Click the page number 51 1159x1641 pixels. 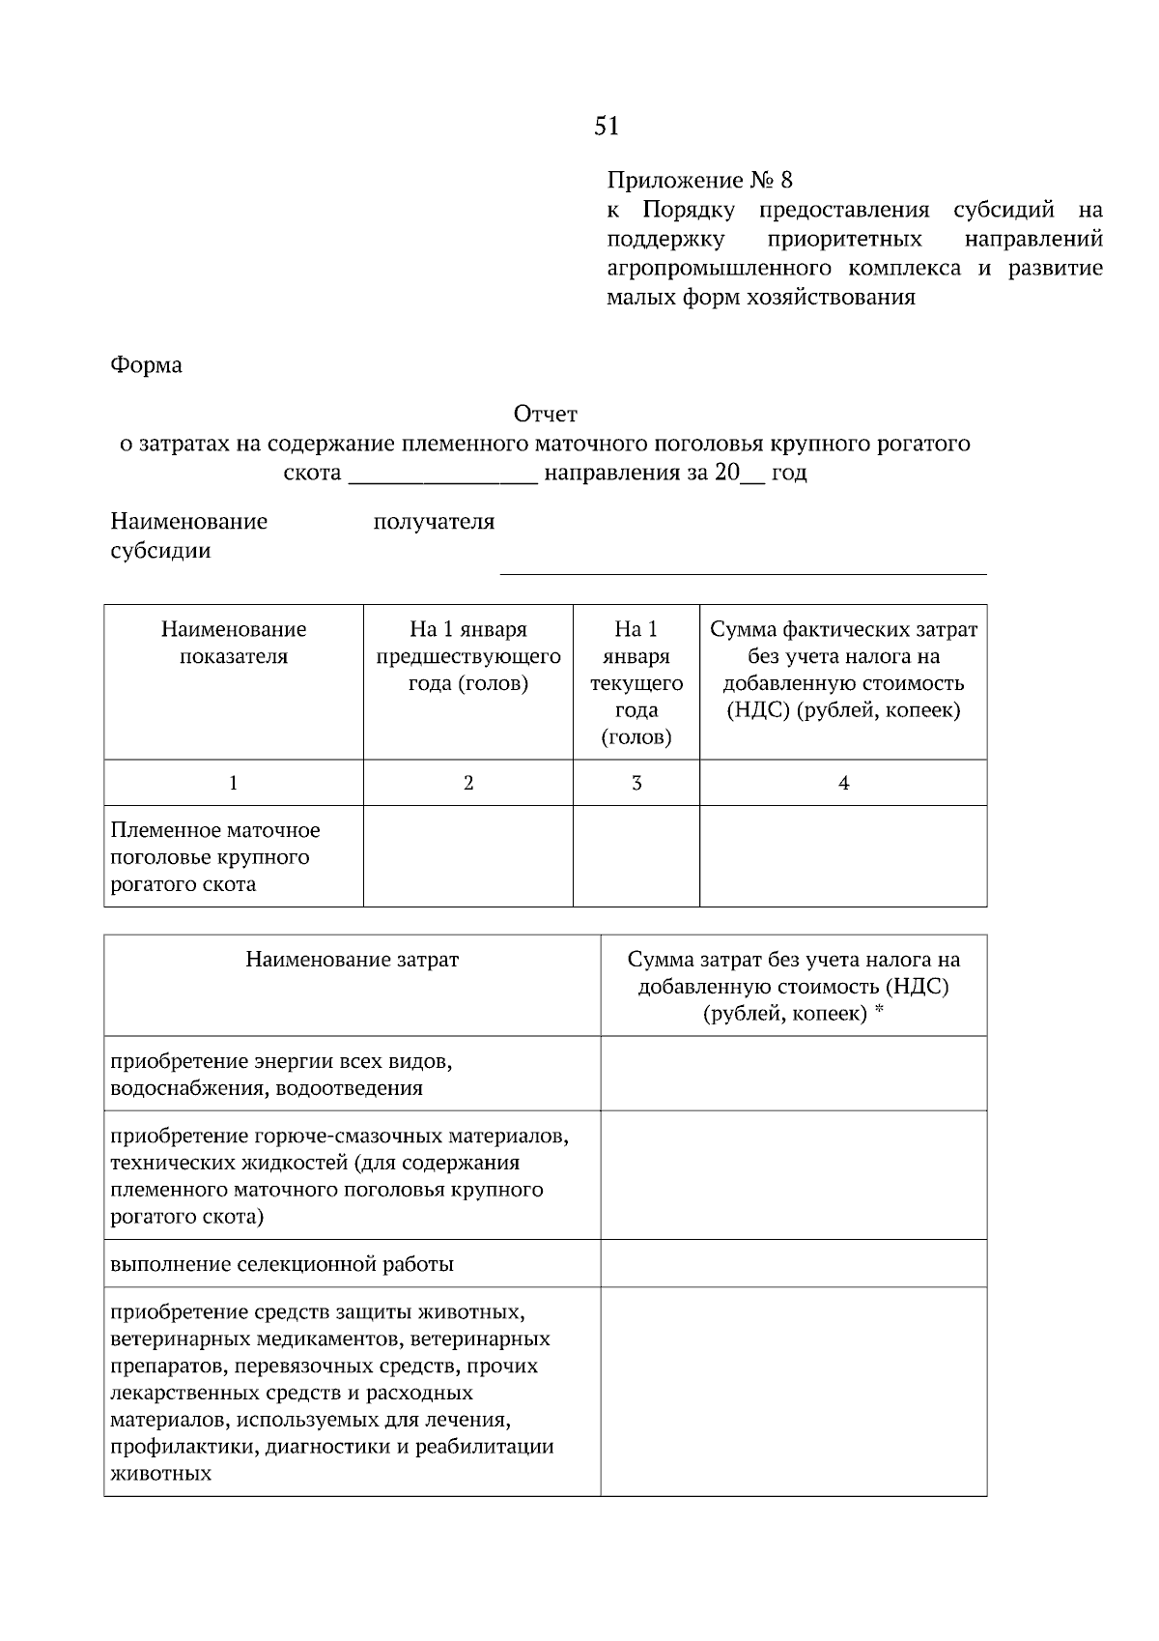pyautogui.click(x=606, y=126)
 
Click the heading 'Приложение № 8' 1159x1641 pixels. pyautogui.click(x=699, y=180)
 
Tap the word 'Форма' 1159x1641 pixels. pyautogui.click(x=146, y=365)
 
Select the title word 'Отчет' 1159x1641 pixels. pyautogui.click(x=545, y=415)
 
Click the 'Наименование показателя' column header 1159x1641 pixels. pyautogui.click(x=234, y=643)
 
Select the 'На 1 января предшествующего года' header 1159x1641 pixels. pyautogui.click(x=468, y=656)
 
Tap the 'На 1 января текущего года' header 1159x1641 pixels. pyautogui.click(x=636, y=682)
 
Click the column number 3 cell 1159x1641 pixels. pyautogui.click(x=636, y=783)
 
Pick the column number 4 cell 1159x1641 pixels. pyautogui.click(x=843, y=783)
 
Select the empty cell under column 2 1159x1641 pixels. pyautogui.click(x=468, y=856)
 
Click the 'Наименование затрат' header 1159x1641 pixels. pyautogui.click(x=352, y=960)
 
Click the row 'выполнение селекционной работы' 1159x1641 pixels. pyautogui.click(x=282, y=1264)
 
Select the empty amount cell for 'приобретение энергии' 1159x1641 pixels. pyautogui.click(x=793, y=1074)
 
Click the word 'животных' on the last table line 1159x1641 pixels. pyautogui.click(x=160, y=1474)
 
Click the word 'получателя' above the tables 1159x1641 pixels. pyautogui.click(x=434, y=522)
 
